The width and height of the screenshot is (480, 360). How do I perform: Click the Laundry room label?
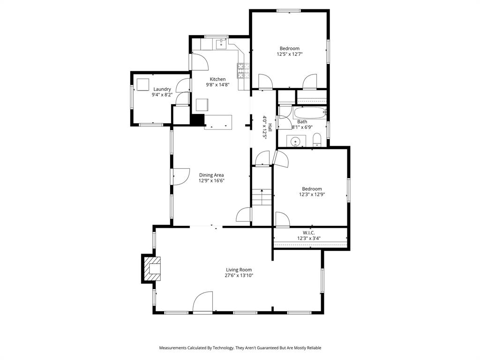coord(162,89)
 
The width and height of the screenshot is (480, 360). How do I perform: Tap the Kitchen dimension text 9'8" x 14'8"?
coord(217,85)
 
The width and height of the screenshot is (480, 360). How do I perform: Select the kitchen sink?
coord(221,45)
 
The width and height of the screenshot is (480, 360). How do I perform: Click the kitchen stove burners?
coord(243,70)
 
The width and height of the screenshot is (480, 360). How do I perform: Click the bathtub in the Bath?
coord(309,113)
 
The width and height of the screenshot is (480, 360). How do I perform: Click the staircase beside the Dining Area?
coord(262,197)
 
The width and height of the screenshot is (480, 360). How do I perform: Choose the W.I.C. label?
coord(308,232)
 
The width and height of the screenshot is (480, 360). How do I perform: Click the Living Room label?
coord(239,270)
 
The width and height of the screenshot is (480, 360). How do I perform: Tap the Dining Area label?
coord(211,175)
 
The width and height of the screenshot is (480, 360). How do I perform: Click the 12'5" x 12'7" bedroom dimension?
coord(290,54)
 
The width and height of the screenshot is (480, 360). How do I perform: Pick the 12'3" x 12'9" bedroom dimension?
coord(312,195)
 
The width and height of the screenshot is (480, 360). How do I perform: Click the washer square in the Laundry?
coord(142,85)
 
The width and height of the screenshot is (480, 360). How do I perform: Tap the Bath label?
coord(302,122)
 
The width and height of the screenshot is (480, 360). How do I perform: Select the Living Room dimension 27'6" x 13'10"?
coord(239,276)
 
